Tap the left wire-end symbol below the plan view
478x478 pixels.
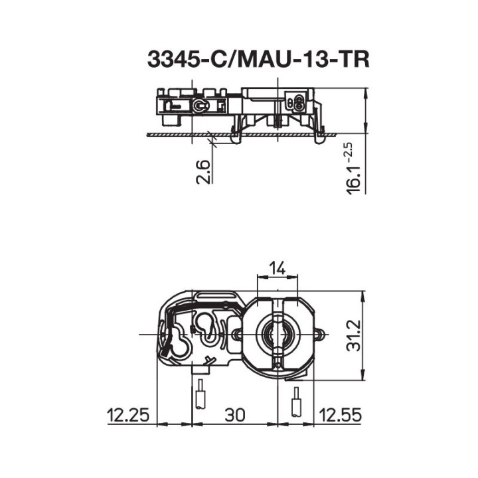(x=199, y=396)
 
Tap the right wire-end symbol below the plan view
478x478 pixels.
(x=296, y=401)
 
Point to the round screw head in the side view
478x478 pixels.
(x=199, y=106)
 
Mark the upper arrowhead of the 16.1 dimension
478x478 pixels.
(x=366, y=92)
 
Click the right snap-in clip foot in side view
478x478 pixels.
(x=319, y=135)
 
